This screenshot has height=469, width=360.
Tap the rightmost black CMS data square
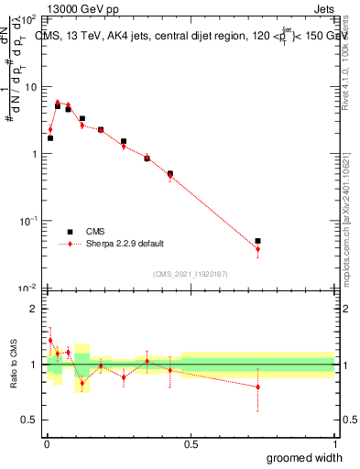(x=257, y=241)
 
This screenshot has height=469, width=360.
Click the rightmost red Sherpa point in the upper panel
(x=257, y=249)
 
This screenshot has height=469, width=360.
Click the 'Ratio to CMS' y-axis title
(x=15, y=365)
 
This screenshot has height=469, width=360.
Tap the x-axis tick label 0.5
(x=191, y=443)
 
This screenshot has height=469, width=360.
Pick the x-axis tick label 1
(x=334, y=443)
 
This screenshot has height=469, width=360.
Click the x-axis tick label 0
(x=48, y=443)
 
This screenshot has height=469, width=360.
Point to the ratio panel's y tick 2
(x=33, y=309)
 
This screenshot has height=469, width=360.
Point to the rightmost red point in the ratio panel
(x=257, y=387)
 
